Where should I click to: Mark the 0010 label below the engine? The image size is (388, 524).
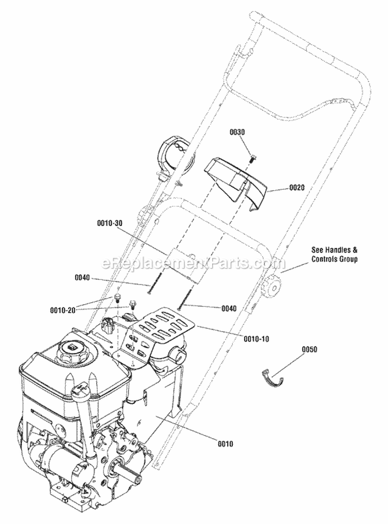coord(226,443)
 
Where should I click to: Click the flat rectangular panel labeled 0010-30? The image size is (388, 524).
coord(186,264)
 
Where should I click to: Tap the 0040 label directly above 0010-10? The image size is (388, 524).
coord(229,308)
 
